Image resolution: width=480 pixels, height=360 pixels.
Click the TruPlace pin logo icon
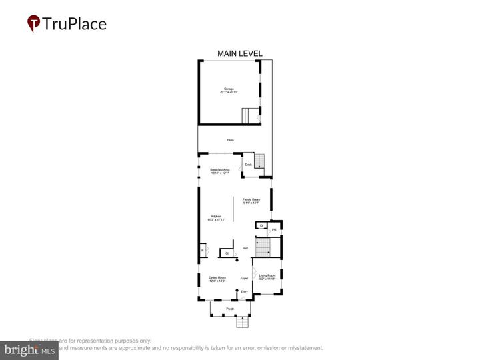coord(33,23)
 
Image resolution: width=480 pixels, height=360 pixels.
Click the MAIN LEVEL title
coord(240,53)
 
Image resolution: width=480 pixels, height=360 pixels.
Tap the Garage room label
coord(229,89)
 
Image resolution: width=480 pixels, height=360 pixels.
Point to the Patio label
coord(230,139)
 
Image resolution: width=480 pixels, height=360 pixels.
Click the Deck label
coord(248,165)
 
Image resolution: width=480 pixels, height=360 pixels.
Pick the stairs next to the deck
coord(260,161)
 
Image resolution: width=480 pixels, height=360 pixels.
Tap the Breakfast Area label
coord(220,171)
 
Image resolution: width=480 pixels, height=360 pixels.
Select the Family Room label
coord(251,201)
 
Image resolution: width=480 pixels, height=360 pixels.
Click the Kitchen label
coord(216,217)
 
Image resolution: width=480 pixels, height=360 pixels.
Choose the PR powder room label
coord(273,229)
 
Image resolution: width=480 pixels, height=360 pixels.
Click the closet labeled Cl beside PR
coord(261,226)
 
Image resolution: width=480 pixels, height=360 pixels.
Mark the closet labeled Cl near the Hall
coord(227,253)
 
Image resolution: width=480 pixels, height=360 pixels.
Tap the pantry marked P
coord(202,251)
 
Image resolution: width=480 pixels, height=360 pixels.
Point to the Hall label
coord(245,248)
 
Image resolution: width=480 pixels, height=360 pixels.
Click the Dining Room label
coord(217,279)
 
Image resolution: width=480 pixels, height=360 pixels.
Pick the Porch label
coord(230,309)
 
